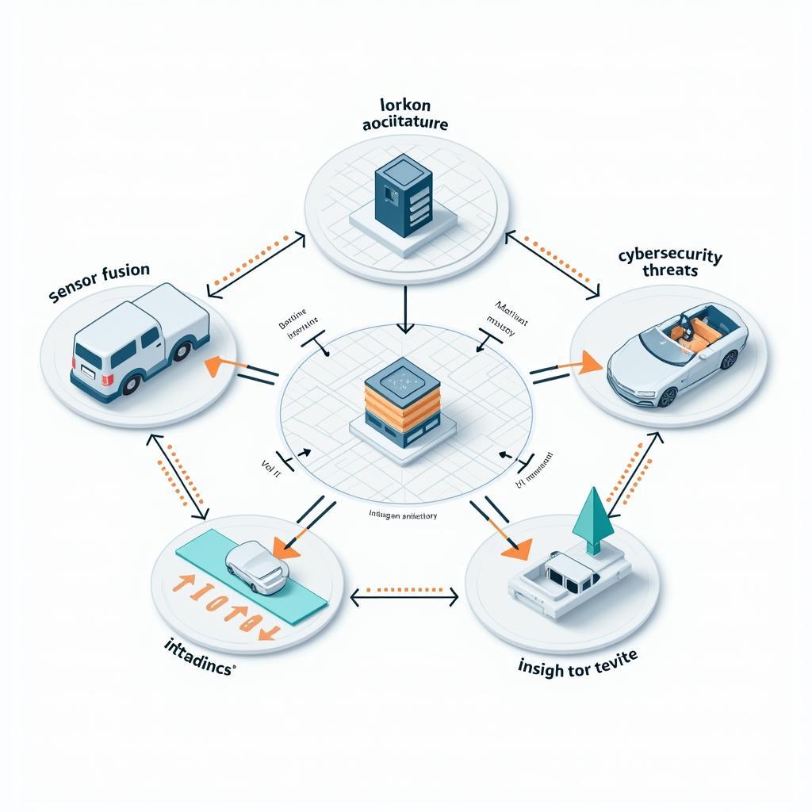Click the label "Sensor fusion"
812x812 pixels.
pyautogui.click(x=99, y=282)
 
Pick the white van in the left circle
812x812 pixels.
pyautogui.click(x=140, y=341)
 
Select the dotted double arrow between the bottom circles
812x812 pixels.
pyautogui.click(x=404, y=594)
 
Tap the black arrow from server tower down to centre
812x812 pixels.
pyautogui.click(x=405, y=310)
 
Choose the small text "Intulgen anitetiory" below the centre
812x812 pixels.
pyautogui.click(x=403, y=515)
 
